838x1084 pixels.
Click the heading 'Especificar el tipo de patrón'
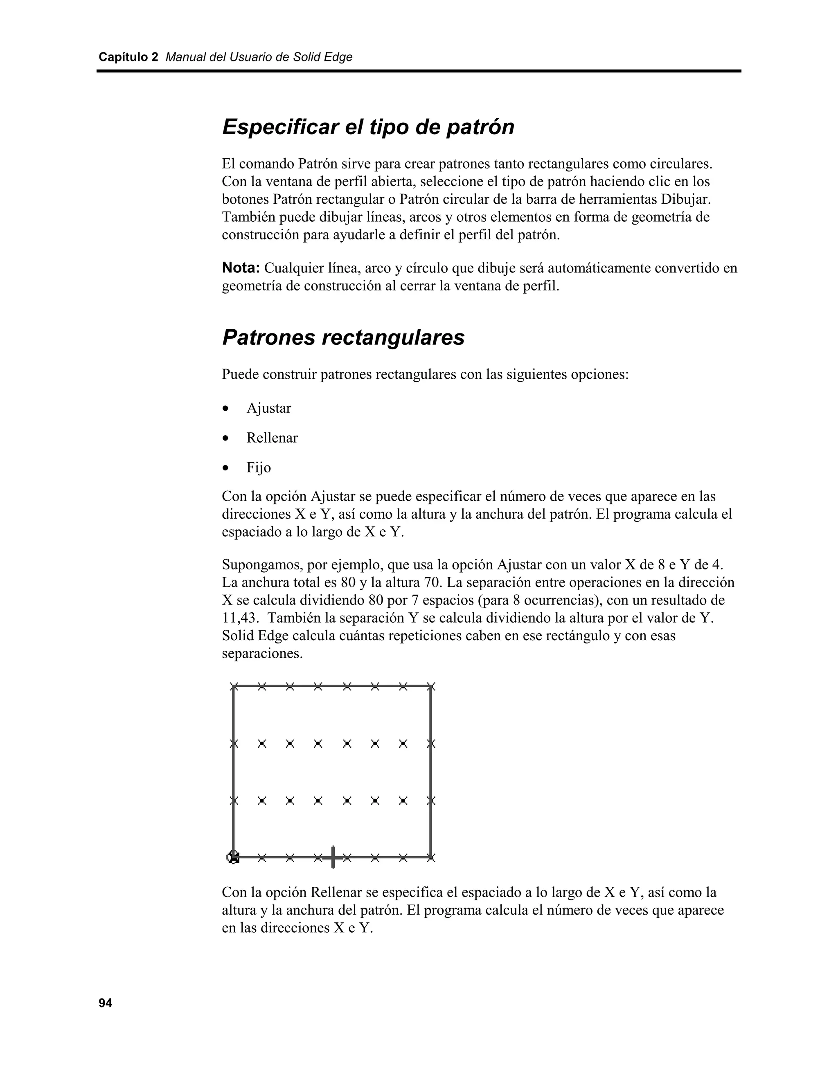368,127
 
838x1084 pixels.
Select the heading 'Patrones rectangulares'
343,337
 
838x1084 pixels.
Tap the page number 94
105,1003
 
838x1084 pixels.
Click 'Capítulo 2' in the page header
128,57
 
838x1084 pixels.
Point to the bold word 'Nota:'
241,268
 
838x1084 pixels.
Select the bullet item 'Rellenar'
272,438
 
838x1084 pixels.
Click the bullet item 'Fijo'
259,468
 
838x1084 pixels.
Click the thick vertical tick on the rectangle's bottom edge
333,857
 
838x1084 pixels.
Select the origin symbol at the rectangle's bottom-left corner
233,857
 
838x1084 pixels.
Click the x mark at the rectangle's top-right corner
431,687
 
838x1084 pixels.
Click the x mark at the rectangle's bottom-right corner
431,857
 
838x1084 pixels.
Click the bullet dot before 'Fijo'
226,468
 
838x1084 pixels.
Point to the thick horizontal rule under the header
419,71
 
